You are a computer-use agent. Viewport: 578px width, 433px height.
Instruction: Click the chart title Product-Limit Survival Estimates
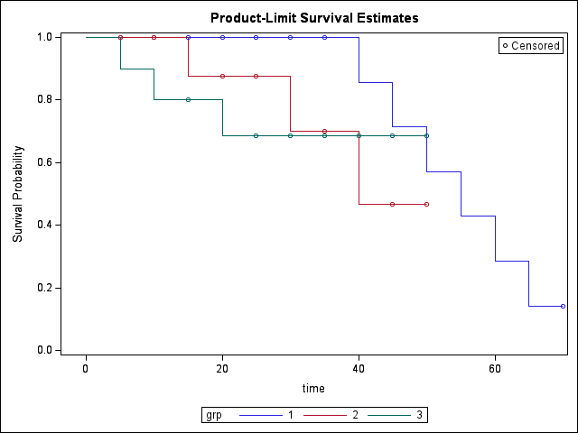(314, 18)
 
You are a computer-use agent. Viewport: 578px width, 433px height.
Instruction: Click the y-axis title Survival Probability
(18, 193)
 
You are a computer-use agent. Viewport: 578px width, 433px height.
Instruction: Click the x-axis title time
(313, 388)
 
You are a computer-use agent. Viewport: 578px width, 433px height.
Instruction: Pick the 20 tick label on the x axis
(222, 368)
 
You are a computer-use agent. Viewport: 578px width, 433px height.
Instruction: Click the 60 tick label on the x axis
(495, 368)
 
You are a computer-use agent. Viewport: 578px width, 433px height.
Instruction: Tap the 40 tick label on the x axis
(359, 368)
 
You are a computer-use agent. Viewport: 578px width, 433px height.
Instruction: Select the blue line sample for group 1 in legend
(259, 415)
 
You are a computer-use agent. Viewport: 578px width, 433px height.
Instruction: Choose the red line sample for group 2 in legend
(324, 415)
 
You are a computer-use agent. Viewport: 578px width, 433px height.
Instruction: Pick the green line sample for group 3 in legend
(389, 415)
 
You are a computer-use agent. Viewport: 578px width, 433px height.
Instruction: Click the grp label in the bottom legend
(214, 415)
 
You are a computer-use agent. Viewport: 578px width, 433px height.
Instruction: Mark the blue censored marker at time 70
(563, 306)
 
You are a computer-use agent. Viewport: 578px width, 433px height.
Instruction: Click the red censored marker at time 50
(426, 204)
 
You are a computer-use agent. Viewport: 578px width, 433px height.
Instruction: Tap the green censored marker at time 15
(188, 99)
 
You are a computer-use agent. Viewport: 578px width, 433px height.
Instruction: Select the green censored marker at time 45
(392, 135)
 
